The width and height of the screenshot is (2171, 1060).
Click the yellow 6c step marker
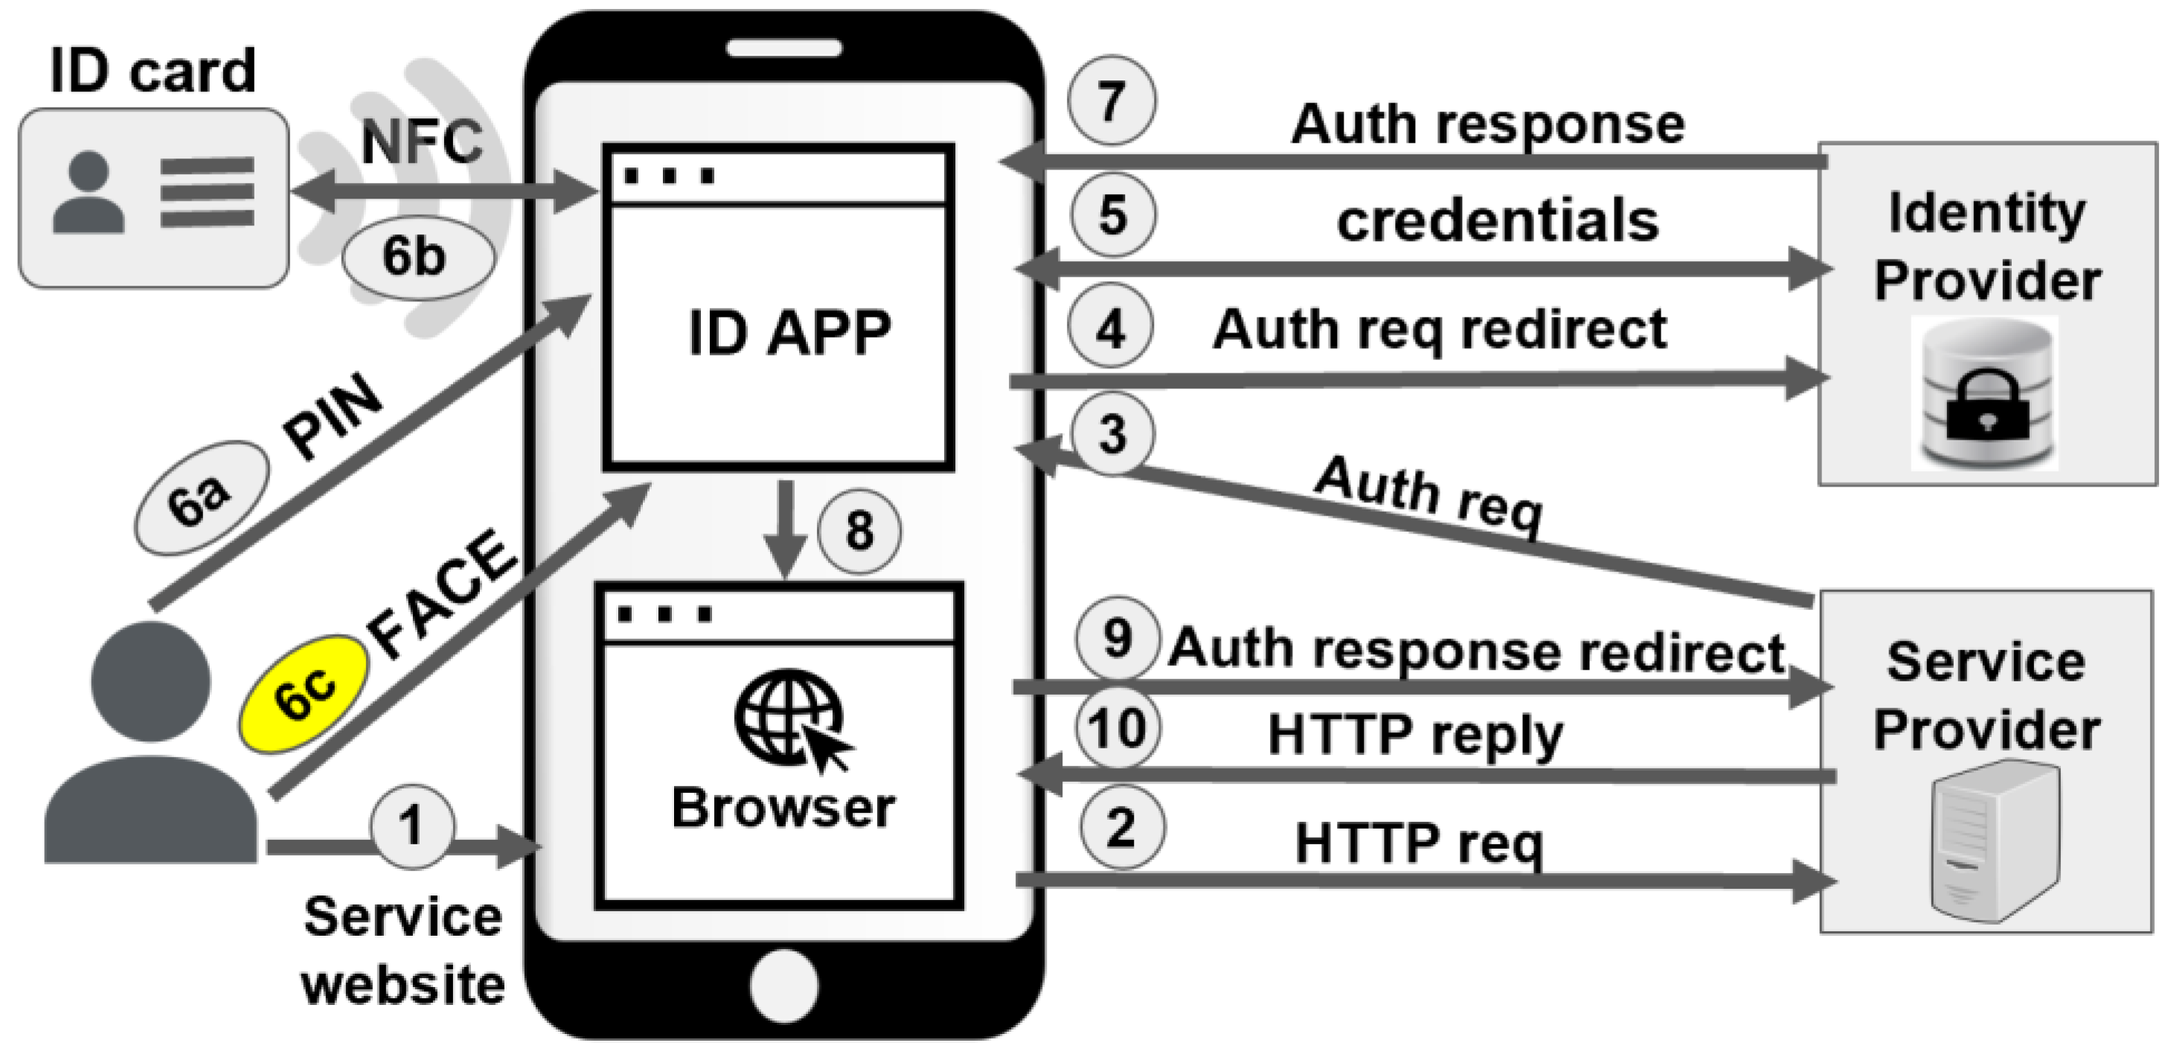click(305, 694)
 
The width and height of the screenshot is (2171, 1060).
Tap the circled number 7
click(1112, 101)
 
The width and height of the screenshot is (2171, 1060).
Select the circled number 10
click(1117, 727)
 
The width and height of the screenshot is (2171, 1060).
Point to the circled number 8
click(859, 531)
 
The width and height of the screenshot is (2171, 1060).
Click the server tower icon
click(1994, 838)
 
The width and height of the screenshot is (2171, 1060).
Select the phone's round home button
click(783, 984)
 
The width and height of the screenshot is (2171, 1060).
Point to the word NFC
click(421, 141)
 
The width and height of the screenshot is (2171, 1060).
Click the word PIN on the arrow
click(333, 415)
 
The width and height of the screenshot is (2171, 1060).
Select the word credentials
click(1497, 221)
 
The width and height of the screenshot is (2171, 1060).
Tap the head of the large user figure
click(150, 681)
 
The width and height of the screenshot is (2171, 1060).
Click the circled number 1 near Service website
click(411, 826)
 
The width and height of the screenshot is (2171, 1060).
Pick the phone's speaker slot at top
click(783, 48)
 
